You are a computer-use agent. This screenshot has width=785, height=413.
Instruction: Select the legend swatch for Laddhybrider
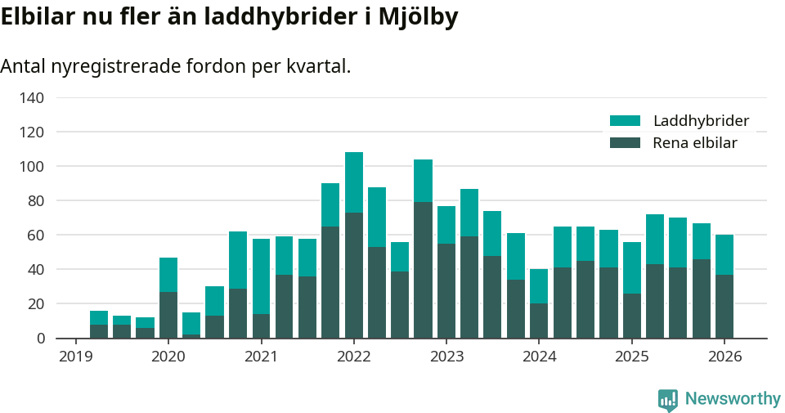(626, 121)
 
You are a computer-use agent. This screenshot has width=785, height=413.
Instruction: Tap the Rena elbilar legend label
(695, 143)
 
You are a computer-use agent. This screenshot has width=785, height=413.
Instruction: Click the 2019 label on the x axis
(75, 357)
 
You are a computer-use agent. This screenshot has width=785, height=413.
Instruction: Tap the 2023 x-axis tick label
(446, 357)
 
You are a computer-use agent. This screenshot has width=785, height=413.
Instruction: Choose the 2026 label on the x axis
(724, 357)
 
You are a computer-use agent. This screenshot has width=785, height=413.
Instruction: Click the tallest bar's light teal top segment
(354, 182)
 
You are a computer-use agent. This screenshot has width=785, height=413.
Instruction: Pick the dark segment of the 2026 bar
(724, 307)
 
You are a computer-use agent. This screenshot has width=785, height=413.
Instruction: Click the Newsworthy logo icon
(668, 400)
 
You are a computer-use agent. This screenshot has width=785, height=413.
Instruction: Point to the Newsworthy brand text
(733, 399)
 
